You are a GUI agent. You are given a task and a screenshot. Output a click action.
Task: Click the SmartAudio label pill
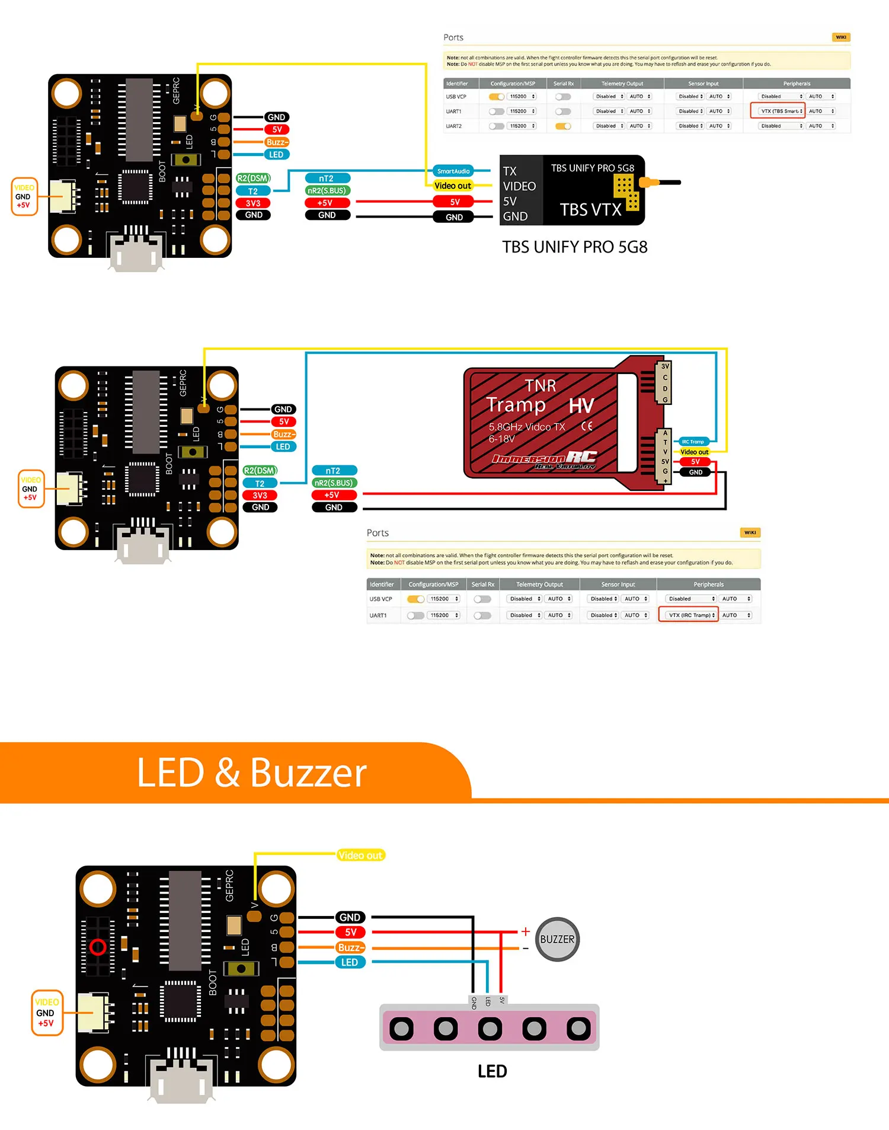click(453, 171)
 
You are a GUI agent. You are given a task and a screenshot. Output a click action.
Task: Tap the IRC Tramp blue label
click(692, 442)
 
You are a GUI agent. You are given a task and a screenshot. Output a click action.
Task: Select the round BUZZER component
click(557, 939)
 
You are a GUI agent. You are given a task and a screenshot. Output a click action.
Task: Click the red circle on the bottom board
click(98, 947)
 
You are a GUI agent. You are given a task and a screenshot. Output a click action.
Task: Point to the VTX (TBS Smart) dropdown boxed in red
click(778, 111)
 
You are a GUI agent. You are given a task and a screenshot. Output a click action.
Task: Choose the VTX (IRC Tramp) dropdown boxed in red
click(688, 615)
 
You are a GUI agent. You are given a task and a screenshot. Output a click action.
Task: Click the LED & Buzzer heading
click(252, 773)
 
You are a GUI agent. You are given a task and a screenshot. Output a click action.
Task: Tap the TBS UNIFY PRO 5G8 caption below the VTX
click(574, 247)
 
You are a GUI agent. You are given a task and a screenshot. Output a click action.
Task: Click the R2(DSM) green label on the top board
click(253, 178)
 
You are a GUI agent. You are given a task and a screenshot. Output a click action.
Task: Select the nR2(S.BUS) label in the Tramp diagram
click(333, 483)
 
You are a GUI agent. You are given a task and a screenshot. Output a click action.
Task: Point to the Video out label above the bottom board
click(360, 855)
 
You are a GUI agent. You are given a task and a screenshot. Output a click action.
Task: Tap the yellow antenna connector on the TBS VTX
click(649, 183)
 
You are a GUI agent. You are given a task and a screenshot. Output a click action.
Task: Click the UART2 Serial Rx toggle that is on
click(563, 126)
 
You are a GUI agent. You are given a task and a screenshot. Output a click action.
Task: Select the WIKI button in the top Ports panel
click(840, 37)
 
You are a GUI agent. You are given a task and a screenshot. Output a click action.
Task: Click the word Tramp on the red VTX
click(516, 404)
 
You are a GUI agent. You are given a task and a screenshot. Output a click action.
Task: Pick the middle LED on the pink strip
click(490, 1029)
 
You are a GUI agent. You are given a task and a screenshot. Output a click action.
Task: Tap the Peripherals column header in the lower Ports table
click(708, 585)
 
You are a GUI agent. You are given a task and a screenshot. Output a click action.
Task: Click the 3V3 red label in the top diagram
click(253, 203)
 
